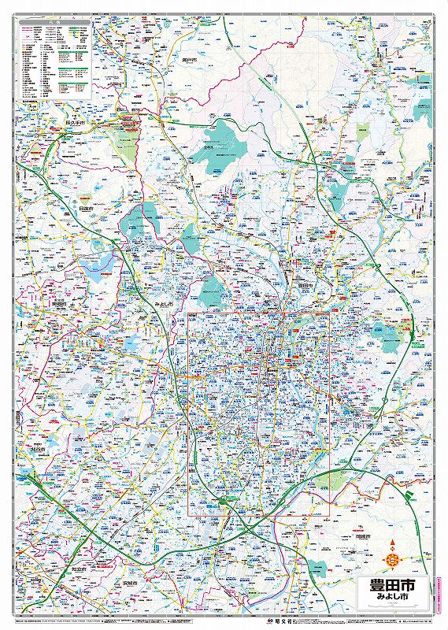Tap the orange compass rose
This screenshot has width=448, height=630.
click(x=391, y=560)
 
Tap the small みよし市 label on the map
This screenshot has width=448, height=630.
click(x=164, y=302)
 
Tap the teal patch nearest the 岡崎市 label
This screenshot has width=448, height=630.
click(x=317, y=566)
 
